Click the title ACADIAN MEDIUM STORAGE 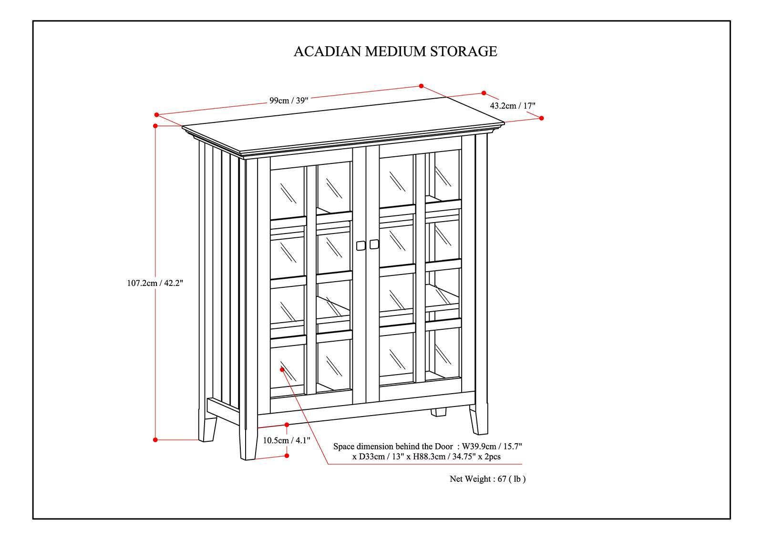(x=395, y=51)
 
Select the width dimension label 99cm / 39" (x=289, y=101)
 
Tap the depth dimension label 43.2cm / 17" (x=513, y=106)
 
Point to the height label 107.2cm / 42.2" (x=155, y=283)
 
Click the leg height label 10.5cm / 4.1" (x=287, y=440)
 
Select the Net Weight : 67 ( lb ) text (x=487, y=479)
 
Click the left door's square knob (x=361, y=245)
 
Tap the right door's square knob (x=374, y=244)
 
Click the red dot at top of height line (x=155, y=126)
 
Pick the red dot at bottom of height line (x=155, y=440)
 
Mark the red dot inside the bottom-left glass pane (x=282, y=369)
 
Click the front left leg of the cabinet (x=247, y=441)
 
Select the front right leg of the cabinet (x=478, y=419)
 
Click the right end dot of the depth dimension (x=542, y=118)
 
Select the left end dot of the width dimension (x=156, y=114)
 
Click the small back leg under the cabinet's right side (x=438, y=412)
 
